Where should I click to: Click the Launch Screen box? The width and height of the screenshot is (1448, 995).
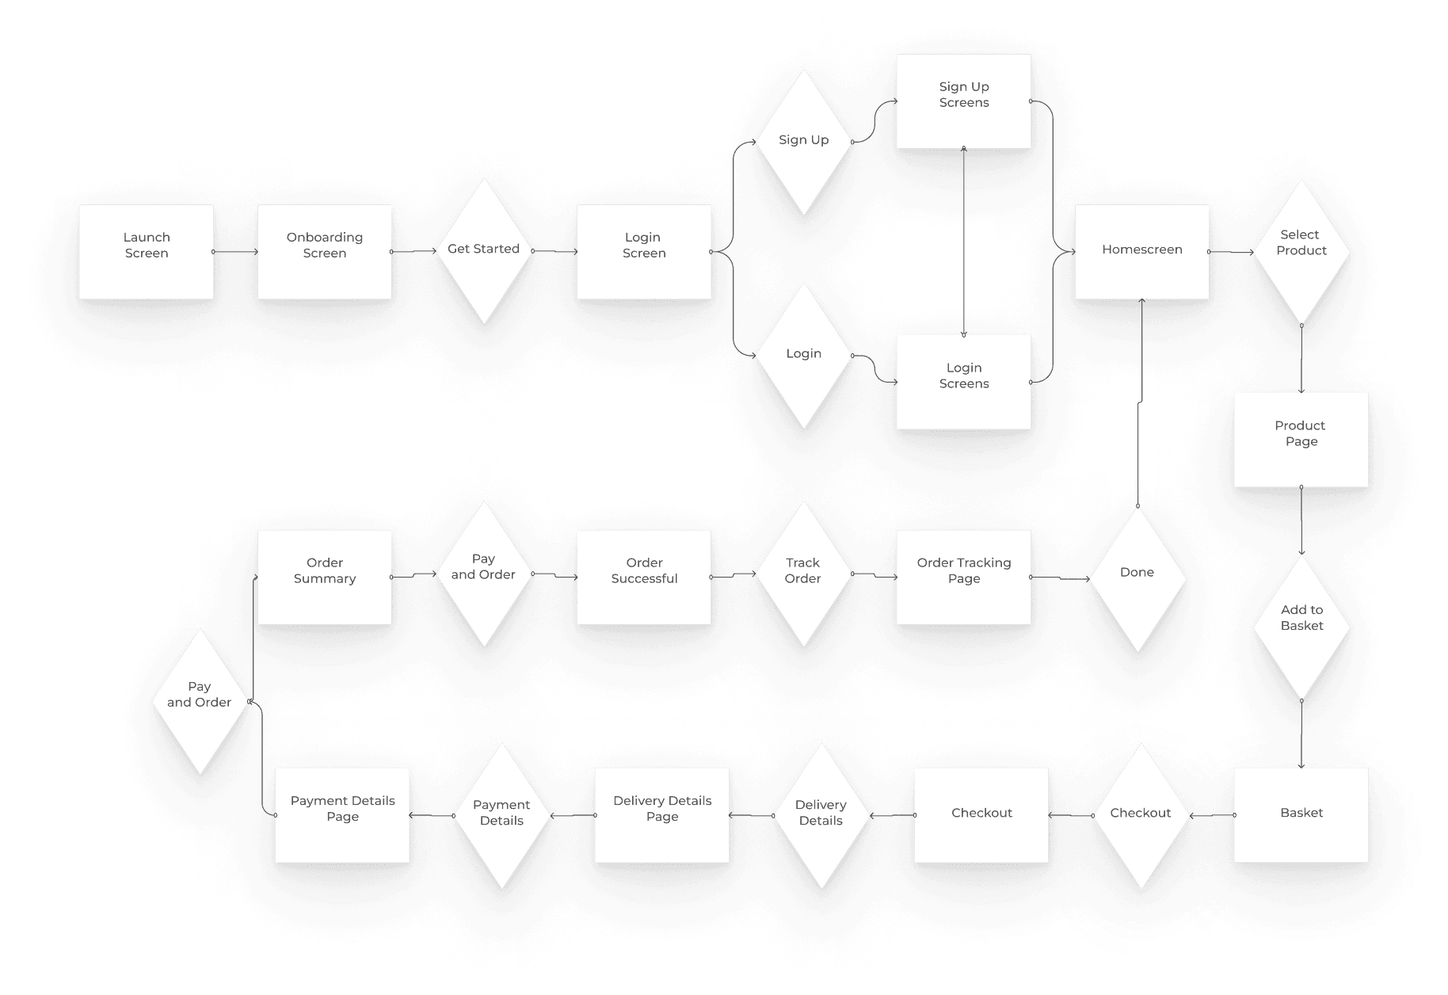click(x=146, y=251)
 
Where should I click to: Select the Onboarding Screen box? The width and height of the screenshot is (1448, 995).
click(x=324, y=251)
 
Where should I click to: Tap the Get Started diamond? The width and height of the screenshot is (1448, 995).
click(x=483, y=250)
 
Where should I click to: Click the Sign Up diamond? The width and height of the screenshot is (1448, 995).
click(x=803, y=141)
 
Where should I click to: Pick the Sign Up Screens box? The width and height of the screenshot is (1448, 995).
click(x=963, y=101)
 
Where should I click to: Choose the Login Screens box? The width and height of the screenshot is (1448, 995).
click(x=963, y=382)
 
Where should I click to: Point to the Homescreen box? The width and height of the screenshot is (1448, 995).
click(x=1141, y=251)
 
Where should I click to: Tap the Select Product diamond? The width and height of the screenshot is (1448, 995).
click(x=1301, y=250)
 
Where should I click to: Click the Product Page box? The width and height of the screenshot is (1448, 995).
click(x=1301, y=440)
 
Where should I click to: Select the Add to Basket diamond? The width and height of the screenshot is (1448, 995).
click(x=1301, y=626)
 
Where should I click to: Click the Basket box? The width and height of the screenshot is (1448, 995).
click(x=1301, y=814)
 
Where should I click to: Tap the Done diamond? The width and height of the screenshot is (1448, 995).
click(x=1137, y=578)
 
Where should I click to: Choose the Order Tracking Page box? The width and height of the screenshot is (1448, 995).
click(x=963, y=577)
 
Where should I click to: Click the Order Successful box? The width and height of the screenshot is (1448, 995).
click(x=644, y=577)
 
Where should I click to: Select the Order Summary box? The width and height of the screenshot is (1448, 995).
click(x=324, y=577)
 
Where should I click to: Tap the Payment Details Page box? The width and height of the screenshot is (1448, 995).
click(x=342, y=814)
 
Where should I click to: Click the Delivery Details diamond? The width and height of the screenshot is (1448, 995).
click(x=821, y=814)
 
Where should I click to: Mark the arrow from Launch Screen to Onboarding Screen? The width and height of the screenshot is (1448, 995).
click(x=235, y=252)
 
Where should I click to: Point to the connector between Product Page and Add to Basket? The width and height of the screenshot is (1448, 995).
click(x=1301, y=520)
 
